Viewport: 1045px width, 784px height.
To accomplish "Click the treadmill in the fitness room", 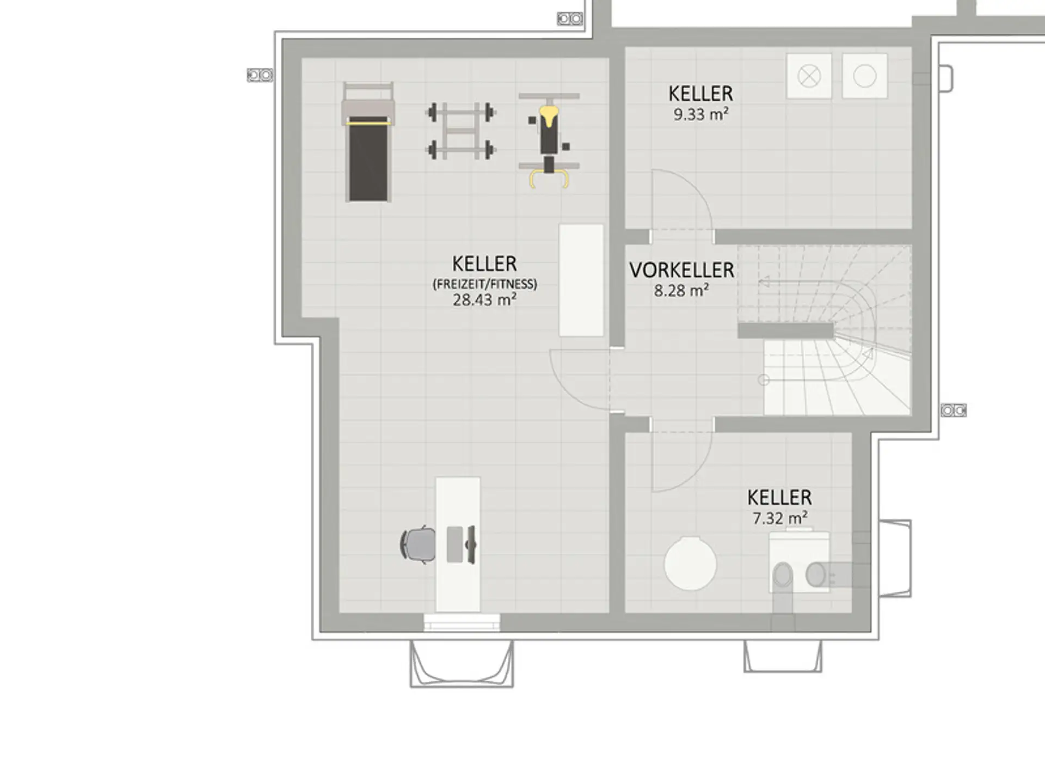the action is (x=368, y=143).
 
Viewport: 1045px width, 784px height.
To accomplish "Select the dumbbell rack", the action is (x=460, y=131).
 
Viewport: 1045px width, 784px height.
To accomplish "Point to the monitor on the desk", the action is (x=471, y=544).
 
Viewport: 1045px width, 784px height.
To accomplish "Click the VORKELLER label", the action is (x=681, y=270).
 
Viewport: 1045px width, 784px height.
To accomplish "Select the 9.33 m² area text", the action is (x=701, y=114).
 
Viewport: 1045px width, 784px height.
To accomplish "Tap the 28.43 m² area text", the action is (x=484, y=299).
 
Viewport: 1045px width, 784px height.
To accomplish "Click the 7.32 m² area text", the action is (x=780, y=518).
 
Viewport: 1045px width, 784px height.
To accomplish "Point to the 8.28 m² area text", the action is (x=681, y=290).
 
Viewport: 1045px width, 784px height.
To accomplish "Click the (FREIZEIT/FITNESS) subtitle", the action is (x=484, y=284).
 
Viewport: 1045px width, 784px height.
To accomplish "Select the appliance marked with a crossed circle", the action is (x=809, y=76).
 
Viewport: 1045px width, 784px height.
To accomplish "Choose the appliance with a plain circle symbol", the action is (x=865, y=76).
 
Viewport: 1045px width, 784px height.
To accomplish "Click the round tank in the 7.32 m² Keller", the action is (x=690, y=563).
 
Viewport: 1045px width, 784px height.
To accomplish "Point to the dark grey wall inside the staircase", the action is (x=785, y=330).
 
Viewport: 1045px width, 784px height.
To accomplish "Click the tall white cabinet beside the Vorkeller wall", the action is (x=581, y=280).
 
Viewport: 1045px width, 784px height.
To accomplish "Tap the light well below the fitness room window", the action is (x=462, y=664).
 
